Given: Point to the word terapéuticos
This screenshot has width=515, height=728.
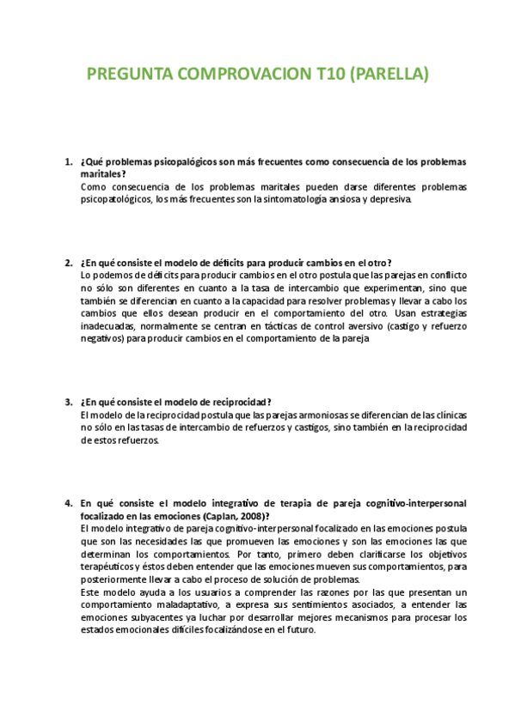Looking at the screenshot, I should [x=110, y=567].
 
